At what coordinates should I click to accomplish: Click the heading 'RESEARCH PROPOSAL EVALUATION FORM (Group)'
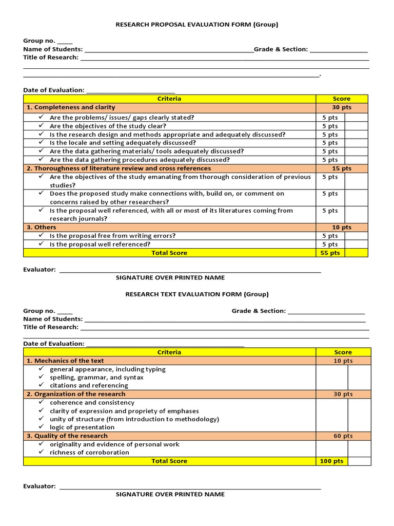coord(197,24)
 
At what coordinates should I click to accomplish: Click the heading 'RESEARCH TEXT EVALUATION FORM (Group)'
coord(197,294)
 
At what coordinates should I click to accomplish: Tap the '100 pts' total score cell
coord(331,461)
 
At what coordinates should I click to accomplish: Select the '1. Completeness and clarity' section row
coord(71,107)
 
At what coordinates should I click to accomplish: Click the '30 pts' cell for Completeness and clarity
coord(342,107)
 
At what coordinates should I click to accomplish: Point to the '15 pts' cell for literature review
coord(342,168)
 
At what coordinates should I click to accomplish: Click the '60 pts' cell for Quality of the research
coord(343,436)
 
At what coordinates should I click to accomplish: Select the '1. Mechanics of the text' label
coord(65,361)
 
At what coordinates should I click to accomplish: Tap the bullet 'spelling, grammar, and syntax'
coord(96,377)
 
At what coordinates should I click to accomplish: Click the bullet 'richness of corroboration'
coord(89,453)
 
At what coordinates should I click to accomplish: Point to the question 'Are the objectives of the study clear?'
coord(108,126)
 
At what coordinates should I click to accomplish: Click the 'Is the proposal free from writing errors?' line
coord(112,236)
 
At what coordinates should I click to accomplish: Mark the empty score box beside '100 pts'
coord(359,461)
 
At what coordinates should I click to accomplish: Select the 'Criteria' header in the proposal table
coord(169,99)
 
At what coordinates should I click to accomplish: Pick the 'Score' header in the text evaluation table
coord(343,352)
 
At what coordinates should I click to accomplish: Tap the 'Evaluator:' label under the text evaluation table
coord(39,486)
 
